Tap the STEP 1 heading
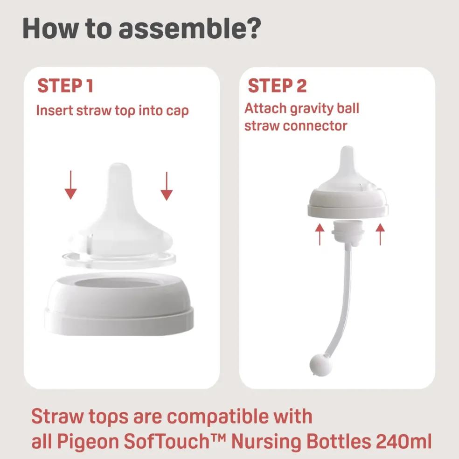click(x=65, y=86)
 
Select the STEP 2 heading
click(x=277, y=86)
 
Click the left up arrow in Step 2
click(x=320, y=234)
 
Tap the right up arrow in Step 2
click(x=380, y=234)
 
